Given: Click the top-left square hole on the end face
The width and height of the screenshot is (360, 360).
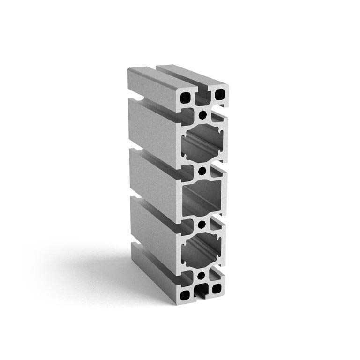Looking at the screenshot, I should (187, 97).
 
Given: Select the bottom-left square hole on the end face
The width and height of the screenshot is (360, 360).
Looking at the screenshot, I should (187, 294).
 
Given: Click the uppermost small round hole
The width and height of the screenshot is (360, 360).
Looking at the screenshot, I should (202, 114).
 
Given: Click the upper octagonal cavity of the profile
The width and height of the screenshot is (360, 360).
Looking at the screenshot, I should (202, 143).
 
